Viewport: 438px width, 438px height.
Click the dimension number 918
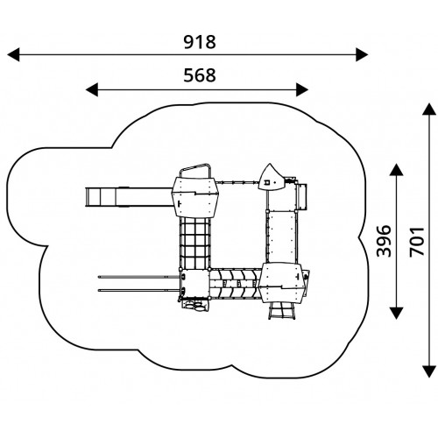point(200,42)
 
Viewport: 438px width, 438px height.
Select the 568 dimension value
point(200,75)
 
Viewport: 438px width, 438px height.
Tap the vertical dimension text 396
point(384,241)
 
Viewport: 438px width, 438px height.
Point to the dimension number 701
point(416,242)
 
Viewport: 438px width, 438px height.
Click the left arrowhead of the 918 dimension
point(13,54)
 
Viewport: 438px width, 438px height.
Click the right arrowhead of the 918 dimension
point(362,54)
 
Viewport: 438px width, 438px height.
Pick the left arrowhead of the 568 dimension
point(92,89)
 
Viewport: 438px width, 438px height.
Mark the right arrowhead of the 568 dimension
point(302,89)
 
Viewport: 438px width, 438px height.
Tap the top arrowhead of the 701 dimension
point(429,109)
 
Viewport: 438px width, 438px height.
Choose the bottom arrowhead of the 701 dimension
point(429,371)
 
